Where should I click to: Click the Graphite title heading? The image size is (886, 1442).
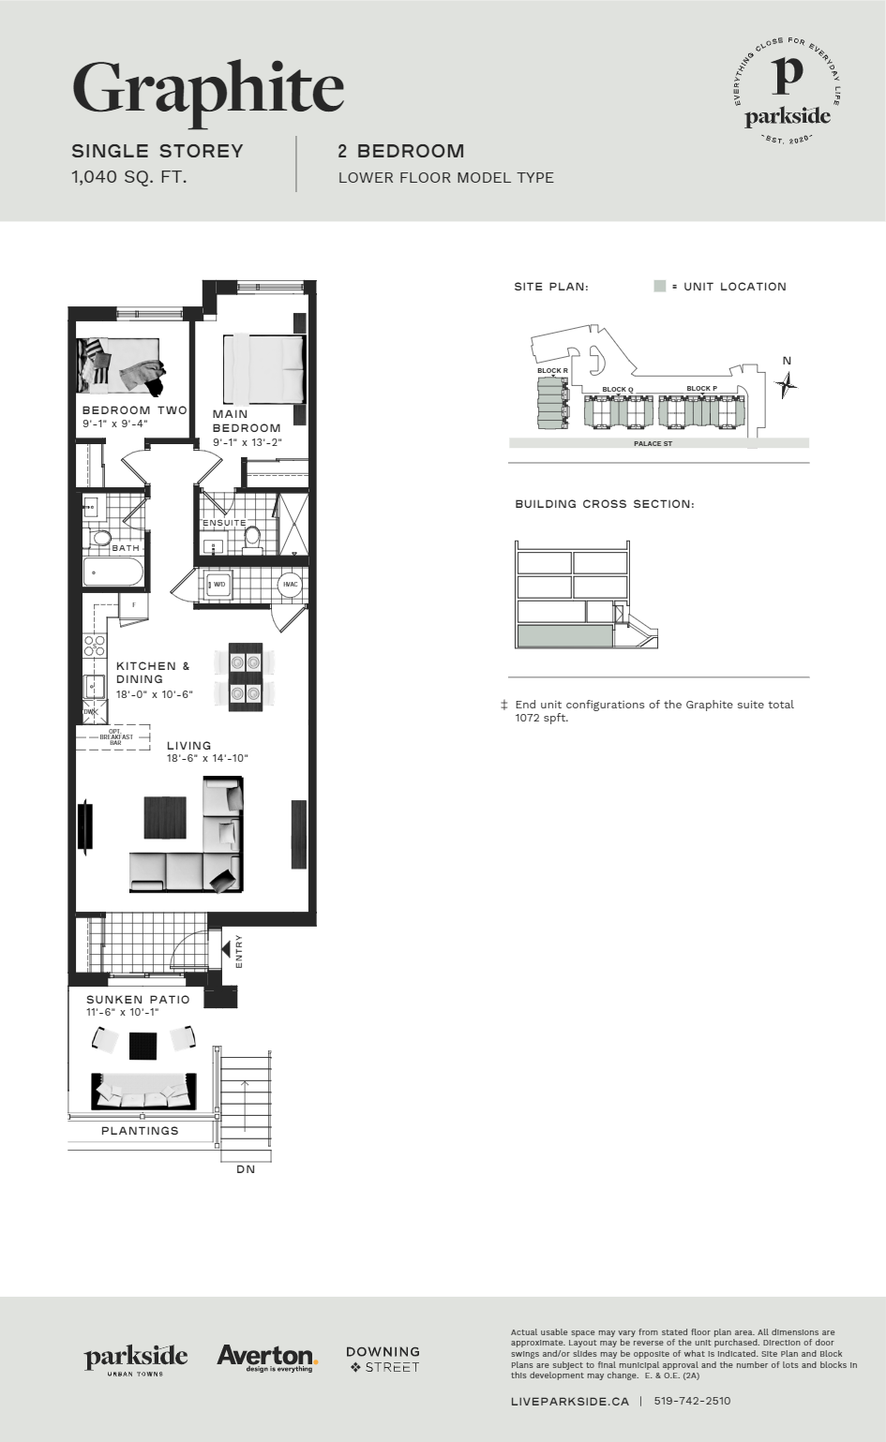click(208, 89)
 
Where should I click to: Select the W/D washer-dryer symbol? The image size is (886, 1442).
click(218, 585)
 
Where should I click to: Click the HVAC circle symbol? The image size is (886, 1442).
click(291, 585)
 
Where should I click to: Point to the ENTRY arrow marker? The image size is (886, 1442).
click(226, 949)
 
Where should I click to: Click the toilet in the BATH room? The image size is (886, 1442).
click(100, 538)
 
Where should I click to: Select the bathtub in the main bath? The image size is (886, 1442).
click(113, 572)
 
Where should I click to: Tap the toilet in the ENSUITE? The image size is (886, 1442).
click(252, 537)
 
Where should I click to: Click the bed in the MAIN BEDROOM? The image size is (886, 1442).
click(263, 368)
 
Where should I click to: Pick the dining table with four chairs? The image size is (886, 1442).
click(246, 677)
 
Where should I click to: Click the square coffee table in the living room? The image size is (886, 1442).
click(165, 817)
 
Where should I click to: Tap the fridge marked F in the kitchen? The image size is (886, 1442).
click(133, 605)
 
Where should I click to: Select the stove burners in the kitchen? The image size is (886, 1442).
click(95, 646)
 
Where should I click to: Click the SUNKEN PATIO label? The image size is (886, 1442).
click(138, 1000)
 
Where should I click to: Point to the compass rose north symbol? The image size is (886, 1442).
click(787, 383)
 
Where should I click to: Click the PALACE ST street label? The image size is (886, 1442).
click(653, 443)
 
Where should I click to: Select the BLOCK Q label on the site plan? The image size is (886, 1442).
click(617, 390)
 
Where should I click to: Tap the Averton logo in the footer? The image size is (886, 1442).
click(267, 1357)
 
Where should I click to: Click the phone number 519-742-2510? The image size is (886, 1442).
click(692, 1401)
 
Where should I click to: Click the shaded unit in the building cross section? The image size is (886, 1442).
click(563, 636)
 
